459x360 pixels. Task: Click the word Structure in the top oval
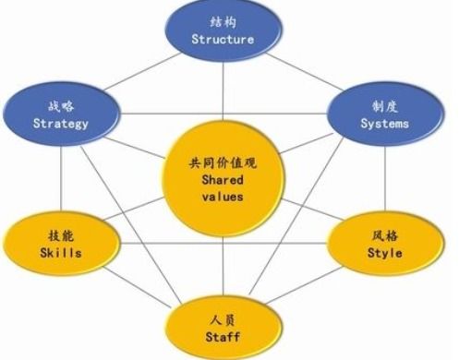pos(222,40)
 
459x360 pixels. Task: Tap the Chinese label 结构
pos(222,21)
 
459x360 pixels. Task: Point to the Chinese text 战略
pos(61,104)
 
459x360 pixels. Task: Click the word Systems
pos(383,123)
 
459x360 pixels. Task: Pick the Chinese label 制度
pos(383,104)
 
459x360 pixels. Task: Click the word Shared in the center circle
pos(222,181)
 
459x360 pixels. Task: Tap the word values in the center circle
pos(222,198)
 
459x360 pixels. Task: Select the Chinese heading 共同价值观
pos(222,162)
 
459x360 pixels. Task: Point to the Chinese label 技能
pos(61,234)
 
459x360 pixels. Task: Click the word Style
pos(383,252)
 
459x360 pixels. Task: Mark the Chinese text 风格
pos(383,234)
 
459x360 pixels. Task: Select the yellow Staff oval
pos(222,324)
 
